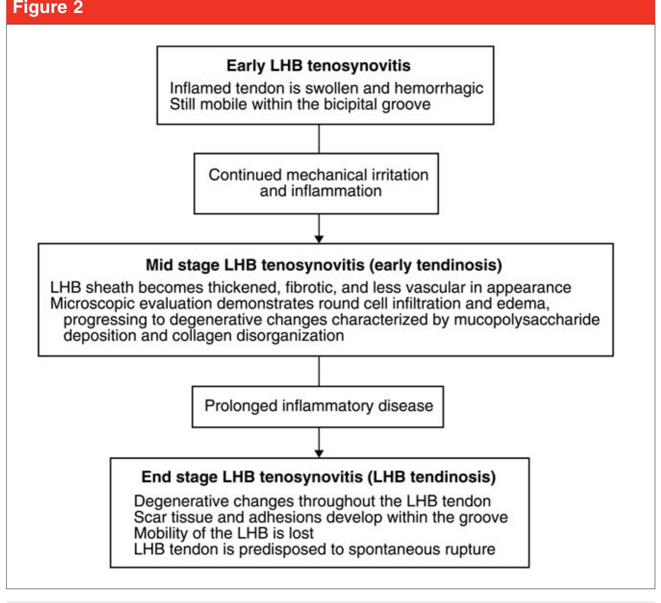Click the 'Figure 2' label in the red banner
tap(48, 8)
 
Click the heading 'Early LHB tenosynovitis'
tap(318, 66)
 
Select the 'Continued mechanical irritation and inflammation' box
tap(316, 183)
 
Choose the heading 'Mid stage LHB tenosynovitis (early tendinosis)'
tap(324, 265)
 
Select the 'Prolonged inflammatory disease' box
tap(318, 406)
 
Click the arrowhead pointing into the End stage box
tap(319, 453)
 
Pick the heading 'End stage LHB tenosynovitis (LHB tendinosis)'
tap(318, 477)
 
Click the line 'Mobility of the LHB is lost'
tap(224, 533)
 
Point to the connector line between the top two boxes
tap(319, 139)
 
